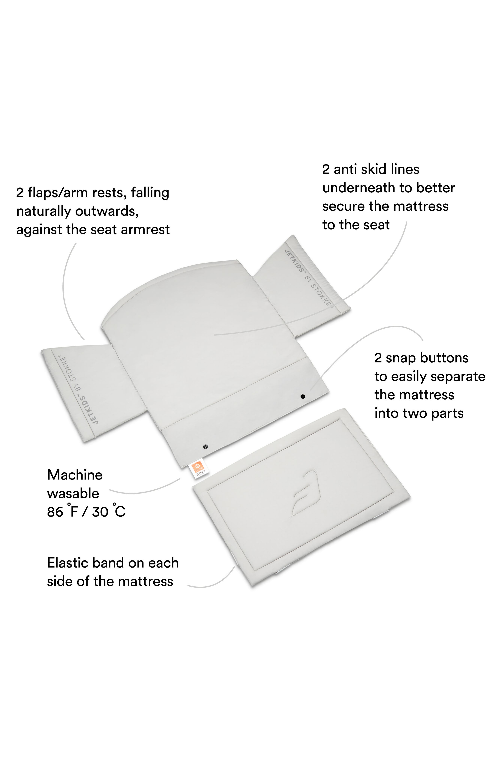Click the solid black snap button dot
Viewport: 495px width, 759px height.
point(303,396)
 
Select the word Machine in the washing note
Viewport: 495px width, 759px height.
point(75,475)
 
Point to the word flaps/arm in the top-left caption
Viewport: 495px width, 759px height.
point(58,193)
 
